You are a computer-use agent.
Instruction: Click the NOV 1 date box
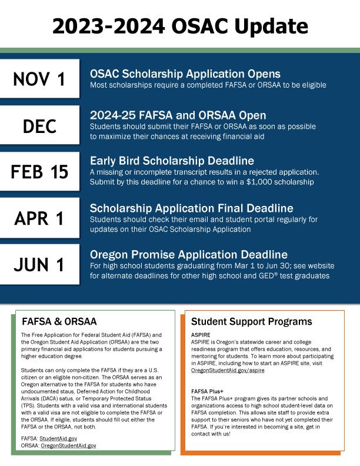click(39, 79)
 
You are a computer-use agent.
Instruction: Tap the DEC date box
click(39, 125)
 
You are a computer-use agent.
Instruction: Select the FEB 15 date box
click(39, 171)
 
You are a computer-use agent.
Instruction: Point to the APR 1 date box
click(39, 218)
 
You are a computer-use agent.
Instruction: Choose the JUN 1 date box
click(39, 264)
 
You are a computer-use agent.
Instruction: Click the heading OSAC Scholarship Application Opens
click(185, 74)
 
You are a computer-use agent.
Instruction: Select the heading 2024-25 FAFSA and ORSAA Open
click(178, 115)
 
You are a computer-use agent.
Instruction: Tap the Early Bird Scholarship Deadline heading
click(172, 161)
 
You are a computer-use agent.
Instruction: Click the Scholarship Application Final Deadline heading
click(191, 208)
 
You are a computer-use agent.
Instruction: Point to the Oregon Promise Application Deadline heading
click(189, 254)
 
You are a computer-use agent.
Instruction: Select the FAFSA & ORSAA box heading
click(59, 322)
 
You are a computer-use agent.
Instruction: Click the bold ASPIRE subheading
click(201, 334)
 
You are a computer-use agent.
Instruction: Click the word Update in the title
click(272, 26)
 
